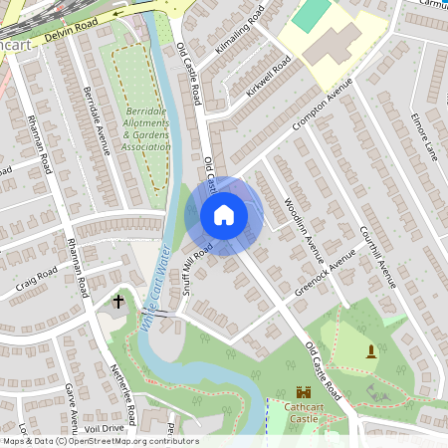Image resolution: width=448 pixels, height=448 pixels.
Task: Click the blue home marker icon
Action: tap(224, 215)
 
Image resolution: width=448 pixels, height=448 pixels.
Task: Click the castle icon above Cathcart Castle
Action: tap(305, 394)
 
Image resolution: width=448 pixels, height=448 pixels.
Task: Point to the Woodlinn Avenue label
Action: tap(299, 222)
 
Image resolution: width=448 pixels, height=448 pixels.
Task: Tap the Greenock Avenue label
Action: tap(325, 272)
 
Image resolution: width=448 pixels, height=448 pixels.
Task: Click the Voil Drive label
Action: tap(105, 428)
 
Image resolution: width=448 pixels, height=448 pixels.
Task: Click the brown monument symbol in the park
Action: tap(372, 349)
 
